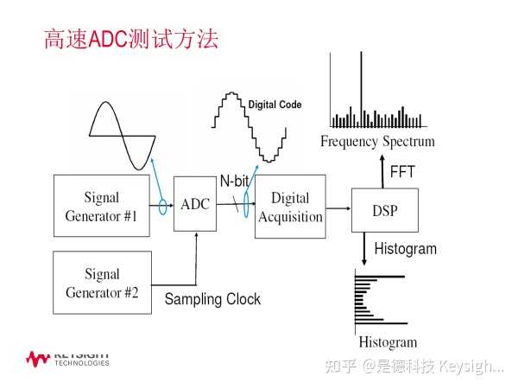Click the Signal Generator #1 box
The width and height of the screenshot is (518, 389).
(102, 205)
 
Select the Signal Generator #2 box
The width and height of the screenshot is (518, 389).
(102, 283)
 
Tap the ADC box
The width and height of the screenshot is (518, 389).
(195, 203)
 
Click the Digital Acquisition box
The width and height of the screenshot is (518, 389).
(290, 206)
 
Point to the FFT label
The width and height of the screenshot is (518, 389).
(402, 172)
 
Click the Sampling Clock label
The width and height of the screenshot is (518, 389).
(212, 299)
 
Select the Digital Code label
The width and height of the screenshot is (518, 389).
(275, 105)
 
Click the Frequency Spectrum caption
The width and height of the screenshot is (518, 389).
(377, 141)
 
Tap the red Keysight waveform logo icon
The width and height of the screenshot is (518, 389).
(37, 357)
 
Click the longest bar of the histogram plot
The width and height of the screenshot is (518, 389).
(380, 276)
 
